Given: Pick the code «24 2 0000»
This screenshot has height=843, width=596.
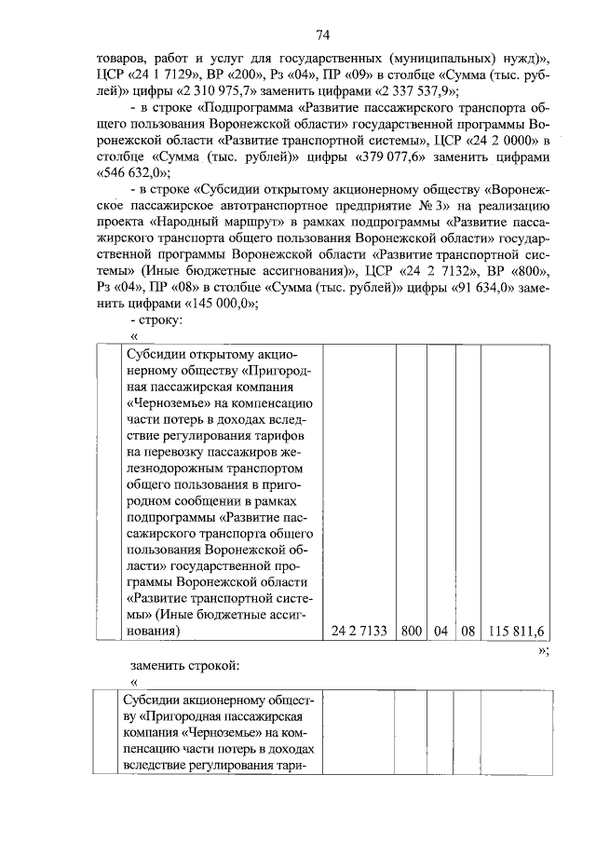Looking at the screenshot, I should click(495, 140).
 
